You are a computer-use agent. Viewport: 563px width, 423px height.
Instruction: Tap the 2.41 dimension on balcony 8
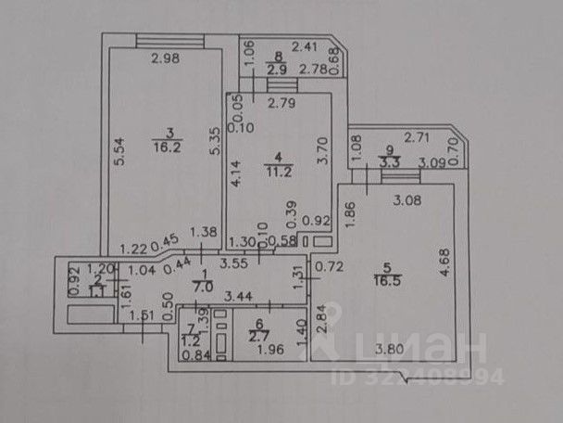coord(305,45)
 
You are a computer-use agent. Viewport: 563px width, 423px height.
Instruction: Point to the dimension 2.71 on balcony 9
coord(419,137)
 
